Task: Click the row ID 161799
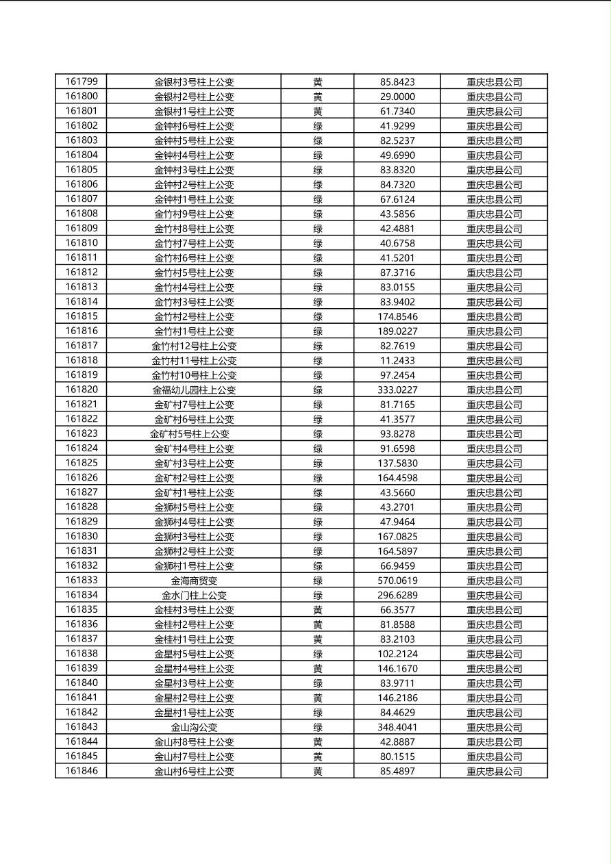(82, 81)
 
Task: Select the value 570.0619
(397, 581)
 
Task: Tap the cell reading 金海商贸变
(194, 581)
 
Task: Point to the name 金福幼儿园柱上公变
(194, 390)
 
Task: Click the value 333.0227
(397, 390)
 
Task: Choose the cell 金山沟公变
(194, 727)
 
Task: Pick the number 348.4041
(397, 727)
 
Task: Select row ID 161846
(82, 771)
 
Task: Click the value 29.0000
(397, 97)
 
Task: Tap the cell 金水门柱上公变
(194, 596)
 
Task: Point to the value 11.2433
(397, 361)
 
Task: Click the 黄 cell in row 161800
(318, 97)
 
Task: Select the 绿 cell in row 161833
(318, 581)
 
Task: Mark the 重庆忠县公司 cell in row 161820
(494, 390)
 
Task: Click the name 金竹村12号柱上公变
(194, 346)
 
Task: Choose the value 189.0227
(397, 331)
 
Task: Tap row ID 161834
(82, 595)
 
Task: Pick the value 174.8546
(397, 316)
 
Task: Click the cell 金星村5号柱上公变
(194, 654)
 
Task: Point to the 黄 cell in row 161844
(318, 742)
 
